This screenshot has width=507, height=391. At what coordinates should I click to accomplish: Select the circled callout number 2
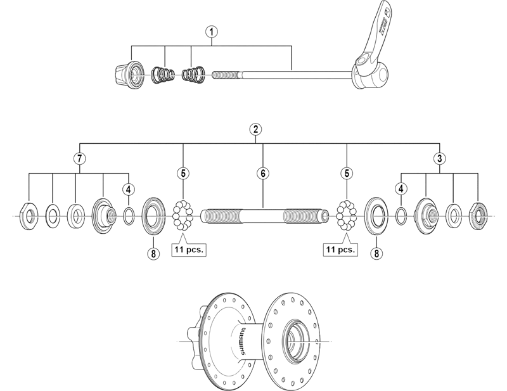(255, 129)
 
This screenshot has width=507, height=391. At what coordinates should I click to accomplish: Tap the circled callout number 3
(439, 158)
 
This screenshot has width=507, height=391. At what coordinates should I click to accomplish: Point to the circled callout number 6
(262, 172)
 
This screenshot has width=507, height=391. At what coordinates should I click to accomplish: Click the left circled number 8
(153, 253)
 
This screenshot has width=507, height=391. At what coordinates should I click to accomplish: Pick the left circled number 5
(184, 172)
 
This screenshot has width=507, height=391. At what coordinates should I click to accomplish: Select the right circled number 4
(401, 188)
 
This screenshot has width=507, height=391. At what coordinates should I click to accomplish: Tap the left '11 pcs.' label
(190, 249)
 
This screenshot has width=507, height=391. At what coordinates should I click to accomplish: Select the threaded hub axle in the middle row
(262, 217)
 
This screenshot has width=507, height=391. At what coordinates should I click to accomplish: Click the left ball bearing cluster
(184, 217)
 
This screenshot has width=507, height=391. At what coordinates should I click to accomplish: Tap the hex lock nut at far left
(29, 215)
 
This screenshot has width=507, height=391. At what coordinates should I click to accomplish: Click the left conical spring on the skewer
(164, 76)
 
